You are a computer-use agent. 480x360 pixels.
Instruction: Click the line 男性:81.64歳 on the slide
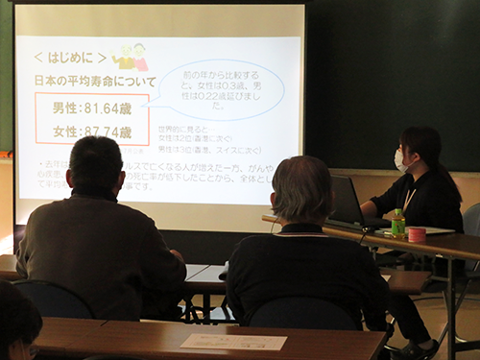(91, 107)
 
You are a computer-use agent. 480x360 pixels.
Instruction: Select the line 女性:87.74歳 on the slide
(91, 132)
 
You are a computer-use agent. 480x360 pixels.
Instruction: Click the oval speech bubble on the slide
(221, 89)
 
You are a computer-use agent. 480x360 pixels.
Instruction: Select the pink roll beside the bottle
(417, 234)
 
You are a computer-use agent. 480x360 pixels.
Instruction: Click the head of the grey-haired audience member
(301, 188)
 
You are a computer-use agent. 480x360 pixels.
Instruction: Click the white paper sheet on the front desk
(233, 342)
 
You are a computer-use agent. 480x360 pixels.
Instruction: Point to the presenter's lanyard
(410, 198)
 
